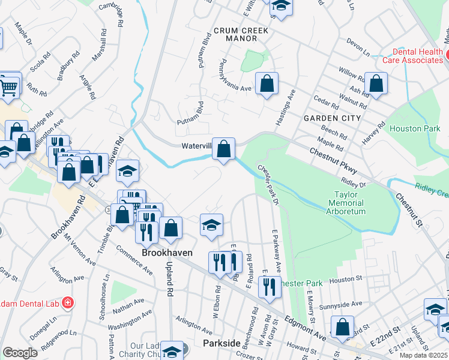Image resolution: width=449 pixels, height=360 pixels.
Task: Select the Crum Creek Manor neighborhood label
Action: (x=235, y=34)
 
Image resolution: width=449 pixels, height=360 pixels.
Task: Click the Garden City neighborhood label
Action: (x=332, y=118)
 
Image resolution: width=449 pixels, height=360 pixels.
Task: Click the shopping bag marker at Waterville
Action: (x=223, y=148)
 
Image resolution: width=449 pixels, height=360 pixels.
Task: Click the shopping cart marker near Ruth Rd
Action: (x=9, y=87)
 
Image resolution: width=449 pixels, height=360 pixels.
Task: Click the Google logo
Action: (x=20, y=353)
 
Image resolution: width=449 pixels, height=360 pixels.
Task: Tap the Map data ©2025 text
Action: (x=423, y=355)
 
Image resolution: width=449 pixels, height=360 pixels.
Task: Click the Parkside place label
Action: (x=205, y=343)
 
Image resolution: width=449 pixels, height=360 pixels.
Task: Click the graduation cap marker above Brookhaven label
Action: (x=211, y=225)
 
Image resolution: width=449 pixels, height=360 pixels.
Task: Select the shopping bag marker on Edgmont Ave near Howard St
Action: (x=342, y=327)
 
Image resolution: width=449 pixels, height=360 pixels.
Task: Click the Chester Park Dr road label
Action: (x=268, y=184)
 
